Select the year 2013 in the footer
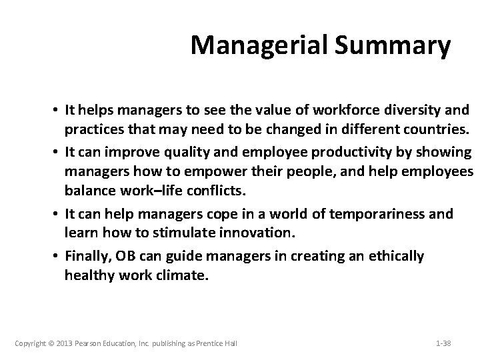tap(69, 343)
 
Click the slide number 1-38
tap(443, 343)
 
